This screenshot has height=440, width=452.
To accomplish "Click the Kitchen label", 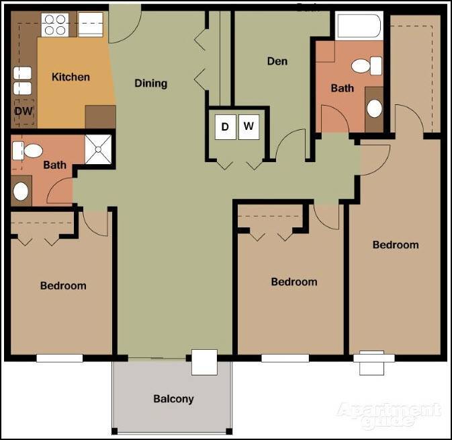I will (x=71, y=77).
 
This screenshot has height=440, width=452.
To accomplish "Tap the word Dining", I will (x=150, y=83).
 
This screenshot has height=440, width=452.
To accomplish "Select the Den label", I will (x=277, y=61).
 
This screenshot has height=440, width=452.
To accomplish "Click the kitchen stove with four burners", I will (x=54, y=24).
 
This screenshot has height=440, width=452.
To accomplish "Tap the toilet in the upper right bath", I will (x=367, y=66).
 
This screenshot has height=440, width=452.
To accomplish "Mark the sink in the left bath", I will (x=21, y=190).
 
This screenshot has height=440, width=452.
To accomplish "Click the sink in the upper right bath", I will (x=374, y=108).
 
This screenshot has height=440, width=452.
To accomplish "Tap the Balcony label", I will (x=173, y=399).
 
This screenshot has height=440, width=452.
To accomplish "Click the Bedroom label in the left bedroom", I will (x=63, y=285).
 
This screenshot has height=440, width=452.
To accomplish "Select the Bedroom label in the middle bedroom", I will (x=293, y=282).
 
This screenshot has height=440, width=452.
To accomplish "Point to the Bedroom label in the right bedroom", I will (x=396, y=245).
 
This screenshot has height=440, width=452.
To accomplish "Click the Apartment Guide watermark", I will (x=390, y=415).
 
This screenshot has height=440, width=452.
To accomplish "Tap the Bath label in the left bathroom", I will (x=54, y=165).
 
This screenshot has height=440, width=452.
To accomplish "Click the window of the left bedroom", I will (x=59, y=359).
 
